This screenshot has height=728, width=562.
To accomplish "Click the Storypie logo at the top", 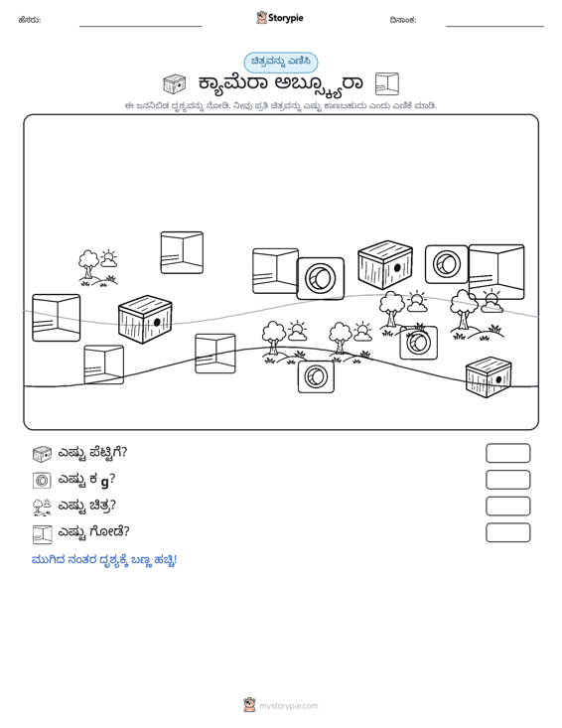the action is [x=279, y=18].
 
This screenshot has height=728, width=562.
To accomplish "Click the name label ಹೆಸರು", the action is [x=30, y=20].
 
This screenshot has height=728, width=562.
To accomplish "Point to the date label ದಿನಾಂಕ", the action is [x=403, y=20].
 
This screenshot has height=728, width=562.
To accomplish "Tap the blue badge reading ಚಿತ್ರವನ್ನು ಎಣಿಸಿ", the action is [x=281, y=63].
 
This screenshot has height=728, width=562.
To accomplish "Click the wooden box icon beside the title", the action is [x=175, y=84].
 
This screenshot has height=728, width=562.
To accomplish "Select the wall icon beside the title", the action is [x=387, y=84].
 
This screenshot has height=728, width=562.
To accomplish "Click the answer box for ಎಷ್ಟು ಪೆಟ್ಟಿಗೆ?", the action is [x=507, y=453].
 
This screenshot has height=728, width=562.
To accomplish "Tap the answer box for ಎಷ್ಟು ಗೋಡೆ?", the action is [x=507, y=532].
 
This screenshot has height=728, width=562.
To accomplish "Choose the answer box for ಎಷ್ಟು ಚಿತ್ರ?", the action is [x=507, y=507].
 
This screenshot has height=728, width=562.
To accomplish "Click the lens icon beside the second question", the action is [x=42, y=480].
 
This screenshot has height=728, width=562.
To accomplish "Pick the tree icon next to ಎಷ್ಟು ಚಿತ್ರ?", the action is [x=42, y=507].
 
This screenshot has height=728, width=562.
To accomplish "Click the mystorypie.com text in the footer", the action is [x=289, y=706].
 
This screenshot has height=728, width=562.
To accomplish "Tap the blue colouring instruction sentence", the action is [x=104, y=560].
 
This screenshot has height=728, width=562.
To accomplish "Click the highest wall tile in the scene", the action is [x=182, y=252].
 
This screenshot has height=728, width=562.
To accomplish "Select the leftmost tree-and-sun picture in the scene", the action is [x=97, y=267].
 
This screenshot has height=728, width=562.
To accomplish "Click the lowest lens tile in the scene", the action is [x=316, y=376].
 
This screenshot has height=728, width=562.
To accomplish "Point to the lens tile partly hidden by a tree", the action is [x=419, y=343].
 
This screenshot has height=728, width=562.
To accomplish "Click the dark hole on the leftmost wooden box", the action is [x=157, y=322].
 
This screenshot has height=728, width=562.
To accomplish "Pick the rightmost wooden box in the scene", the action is [x=489, y=377].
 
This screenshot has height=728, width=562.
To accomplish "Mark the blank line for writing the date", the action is [x=494, y=27].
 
